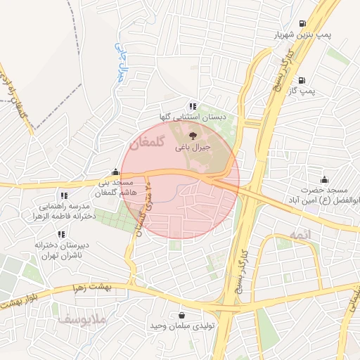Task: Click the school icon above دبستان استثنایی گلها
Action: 193,105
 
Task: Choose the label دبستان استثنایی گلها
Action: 193,116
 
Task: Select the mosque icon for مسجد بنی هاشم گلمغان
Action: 115,171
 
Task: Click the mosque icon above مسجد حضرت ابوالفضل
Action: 324,179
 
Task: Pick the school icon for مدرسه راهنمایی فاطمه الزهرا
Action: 64,195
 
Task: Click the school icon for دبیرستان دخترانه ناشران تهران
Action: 61,233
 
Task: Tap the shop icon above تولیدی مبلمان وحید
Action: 183,315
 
